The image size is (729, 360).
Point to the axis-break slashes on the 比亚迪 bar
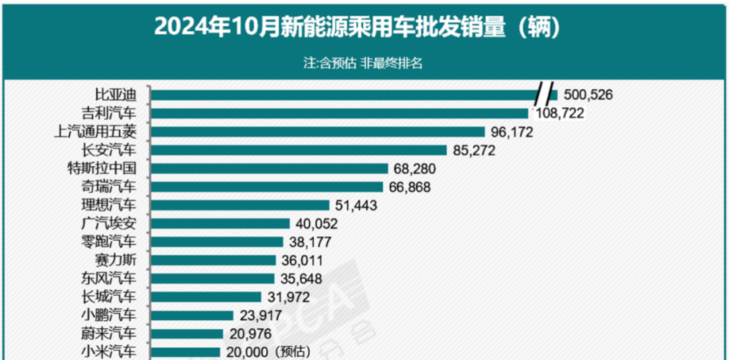point(547,94)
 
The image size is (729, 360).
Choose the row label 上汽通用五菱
point(99,132)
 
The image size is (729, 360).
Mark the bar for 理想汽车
point(240,205)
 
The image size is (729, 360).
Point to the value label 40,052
point(315,224)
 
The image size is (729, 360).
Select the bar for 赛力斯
point(213,260)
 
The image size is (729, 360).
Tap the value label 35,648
point(300,278)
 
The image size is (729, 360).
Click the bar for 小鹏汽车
point(192,315)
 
